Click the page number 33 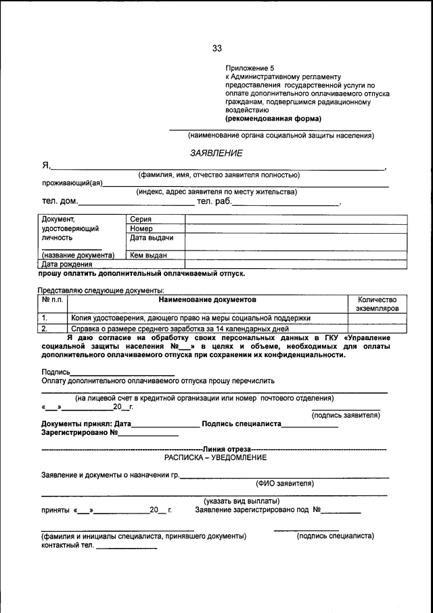click(216, 48)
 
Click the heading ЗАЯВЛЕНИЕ click(216, 154)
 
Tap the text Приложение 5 click(250, 68)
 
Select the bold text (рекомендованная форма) click(273, 118)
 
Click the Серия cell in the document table click(141, 219)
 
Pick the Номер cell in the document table click(141, 229)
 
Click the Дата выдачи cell click(152, 238)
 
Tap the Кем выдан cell click(148, 255)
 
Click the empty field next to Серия click(296, 219)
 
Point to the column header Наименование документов click(208, 299)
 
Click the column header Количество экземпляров click(377, 303)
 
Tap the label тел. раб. click(214, 201)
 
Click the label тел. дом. click(60, 201)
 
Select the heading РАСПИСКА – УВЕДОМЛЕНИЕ click(216, 458)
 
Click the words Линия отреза click(226, 449)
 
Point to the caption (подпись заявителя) click(346, 415)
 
